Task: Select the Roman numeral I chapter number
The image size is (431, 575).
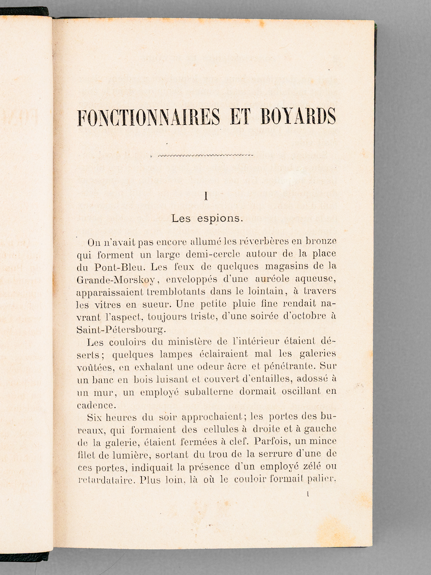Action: point(206,196)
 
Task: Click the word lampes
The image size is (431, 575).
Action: point(175,354)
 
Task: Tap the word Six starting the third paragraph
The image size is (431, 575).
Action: point(94,417)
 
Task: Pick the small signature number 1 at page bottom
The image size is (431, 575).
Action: point(308,494)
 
